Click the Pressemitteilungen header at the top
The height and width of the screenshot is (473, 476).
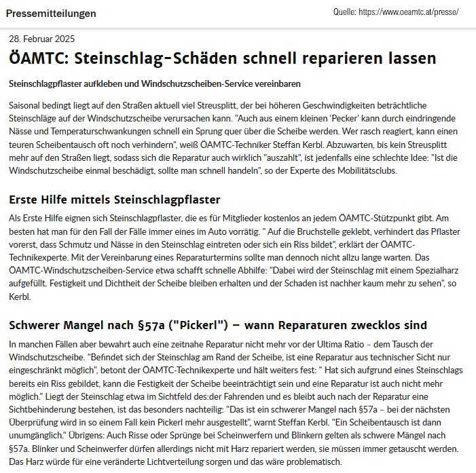pos(51,14)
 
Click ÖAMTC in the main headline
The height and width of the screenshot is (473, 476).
pos(38,58)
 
